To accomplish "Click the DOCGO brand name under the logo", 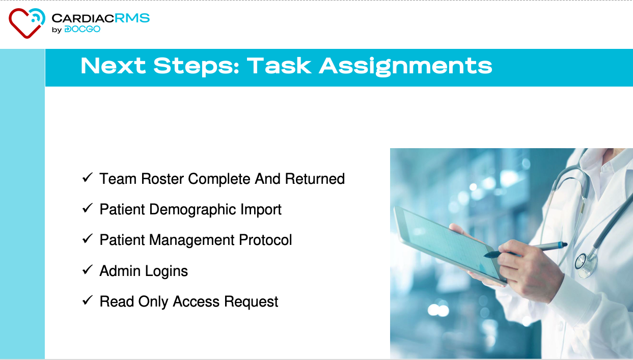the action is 82,29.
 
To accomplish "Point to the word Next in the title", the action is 113,66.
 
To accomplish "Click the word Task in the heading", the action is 279,66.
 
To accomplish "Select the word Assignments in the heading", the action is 405,67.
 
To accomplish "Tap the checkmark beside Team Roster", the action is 87,178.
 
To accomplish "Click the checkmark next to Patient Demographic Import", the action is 87,208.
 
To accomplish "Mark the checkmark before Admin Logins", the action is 87,269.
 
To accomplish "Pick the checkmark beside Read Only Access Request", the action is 87,300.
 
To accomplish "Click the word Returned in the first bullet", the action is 315,179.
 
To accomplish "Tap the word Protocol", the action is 265,240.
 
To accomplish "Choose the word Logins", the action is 167,271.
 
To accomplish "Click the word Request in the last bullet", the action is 251,302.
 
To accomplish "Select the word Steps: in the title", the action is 197,67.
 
